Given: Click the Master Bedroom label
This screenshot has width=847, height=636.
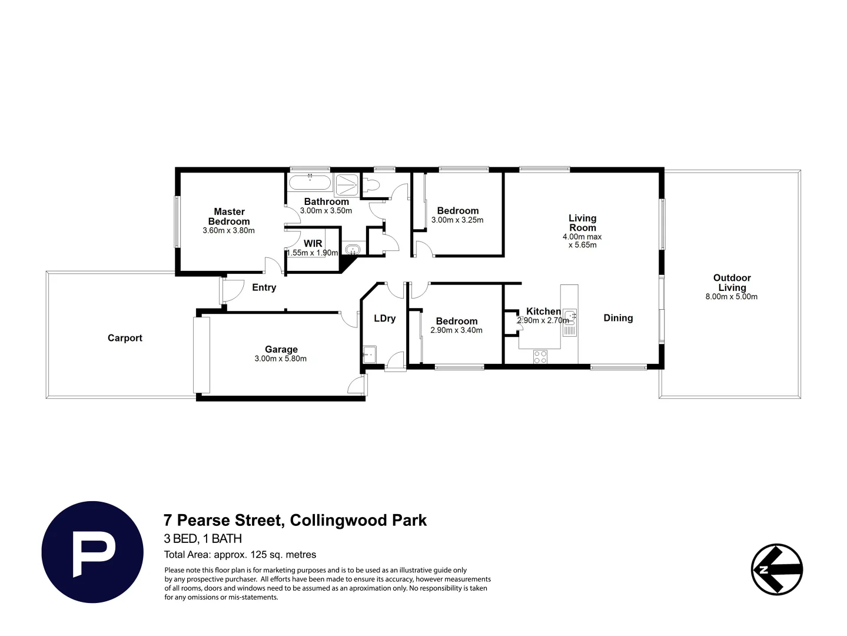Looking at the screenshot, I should coord(229,216).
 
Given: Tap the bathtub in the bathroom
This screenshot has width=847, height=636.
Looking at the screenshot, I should coord(310,182).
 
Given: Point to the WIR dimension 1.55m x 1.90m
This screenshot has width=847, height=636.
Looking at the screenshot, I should coord(313,253).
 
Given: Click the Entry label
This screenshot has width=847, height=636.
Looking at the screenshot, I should coord(264,287).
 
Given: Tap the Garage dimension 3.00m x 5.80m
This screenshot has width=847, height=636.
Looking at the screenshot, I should coord(280,359).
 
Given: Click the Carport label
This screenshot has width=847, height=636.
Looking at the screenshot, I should coord(125,338).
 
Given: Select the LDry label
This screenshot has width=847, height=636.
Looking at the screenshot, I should coord(384,318).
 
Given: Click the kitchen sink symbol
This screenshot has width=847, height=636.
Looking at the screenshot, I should coord(569,322).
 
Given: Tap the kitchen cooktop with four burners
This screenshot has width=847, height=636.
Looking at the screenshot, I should coord(540,356).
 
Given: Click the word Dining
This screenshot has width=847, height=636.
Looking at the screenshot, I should coord(618,318).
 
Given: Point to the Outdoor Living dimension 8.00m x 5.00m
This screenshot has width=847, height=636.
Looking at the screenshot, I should coord(731,297).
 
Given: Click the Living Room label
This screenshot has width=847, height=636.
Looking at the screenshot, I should coord(582,223).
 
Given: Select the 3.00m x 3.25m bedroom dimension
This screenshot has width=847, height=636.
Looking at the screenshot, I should coord(457,220).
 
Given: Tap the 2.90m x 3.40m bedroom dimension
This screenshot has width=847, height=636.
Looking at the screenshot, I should coord(456,330).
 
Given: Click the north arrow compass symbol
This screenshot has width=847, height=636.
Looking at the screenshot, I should coord(777,569).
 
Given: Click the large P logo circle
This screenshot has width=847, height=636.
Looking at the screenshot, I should coord(92,552).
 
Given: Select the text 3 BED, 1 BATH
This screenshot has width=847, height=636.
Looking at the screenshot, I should coord(202,538).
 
